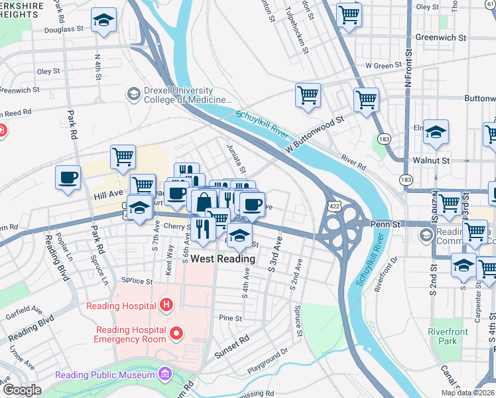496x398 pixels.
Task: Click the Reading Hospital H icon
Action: (x=166, y=305)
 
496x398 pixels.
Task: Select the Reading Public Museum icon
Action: (x=164, y=375)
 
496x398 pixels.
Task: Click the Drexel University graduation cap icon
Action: (x=133, y=94)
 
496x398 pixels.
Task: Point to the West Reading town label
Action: (x=223, y=259)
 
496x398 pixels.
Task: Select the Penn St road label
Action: (x=386, y=224)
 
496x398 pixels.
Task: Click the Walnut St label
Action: (x=431, y=161)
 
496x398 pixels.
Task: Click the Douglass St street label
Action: (x=64, y=30)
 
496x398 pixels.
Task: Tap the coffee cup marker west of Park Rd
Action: (x=68, y=178)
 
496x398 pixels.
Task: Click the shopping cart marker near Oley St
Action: (x=349, y=14)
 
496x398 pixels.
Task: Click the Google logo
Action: (x=21, y=389)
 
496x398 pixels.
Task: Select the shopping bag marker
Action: (x=204, y=201)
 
